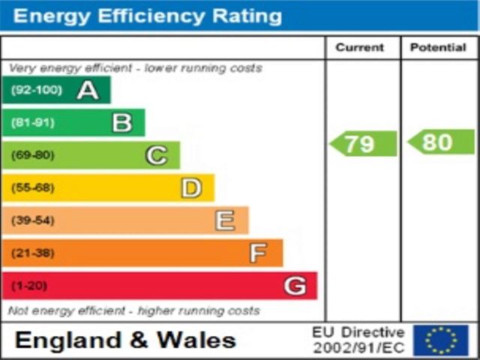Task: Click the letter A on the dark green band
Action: tap(88, 91)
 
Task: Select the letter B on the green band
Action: tap(122, 123)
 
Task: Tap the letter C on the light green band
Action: tap(156, 155)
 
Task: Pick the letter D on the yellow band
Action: tap(191, 188)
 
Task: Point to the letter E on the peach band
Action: tap(225, 220)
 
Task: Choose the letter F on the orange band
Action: tap(258, 253)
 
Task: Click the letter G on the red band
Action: tap(295, 286)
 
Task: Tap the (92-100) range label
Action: tap(34, 91)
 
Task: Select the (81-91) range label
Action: tap(32, 123)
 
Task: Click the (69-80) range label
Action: tap(32, 155)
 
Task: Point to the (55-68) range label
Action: tap(32, 188)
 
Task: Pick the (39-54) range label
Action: tap(32, 220)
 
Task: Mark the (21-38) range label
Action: tap(32, 253)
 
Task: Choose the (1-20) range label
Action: tap(28, 286)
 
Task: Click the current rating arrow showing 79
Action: tap(364, 143)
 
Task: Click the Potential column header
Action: tap(439, 47)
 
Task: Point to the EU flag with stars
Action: tap(440, 340)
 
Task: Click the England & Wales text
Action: tap(125, 340)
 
